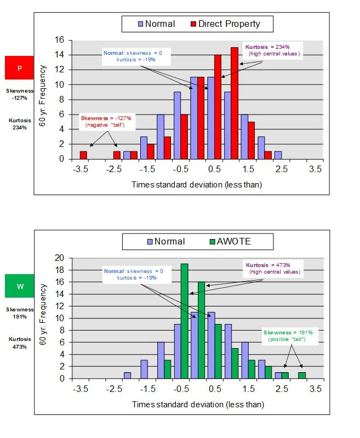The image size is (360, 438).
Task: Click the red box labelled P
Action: (x=20, y=68)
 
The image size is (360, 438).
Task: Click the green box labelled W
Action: (x=20, y=286)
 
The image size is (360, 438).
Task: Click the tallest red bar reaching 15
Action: (x=235, y=103)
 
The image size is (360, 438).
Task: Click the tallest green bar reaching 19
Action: (x=185, y=321)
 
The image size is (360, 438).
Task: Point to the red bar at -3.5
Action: (x=83, y=155)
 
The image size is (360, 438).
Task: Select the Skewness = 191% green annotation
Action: (x=284, y=336)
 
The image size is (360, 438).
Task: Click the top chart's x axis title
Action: (x=197, y=184)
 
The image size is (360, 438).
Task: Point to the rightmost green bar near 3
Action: (x=302, y=376)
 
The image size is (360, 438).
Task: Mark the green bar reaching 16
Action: (x=201, y=330)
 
